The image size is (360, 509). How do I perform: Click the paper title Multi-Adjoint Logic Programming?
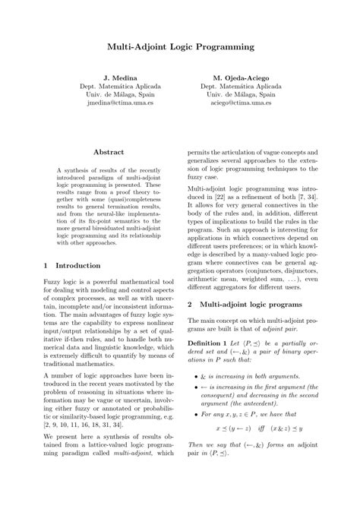click(180, 47)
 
